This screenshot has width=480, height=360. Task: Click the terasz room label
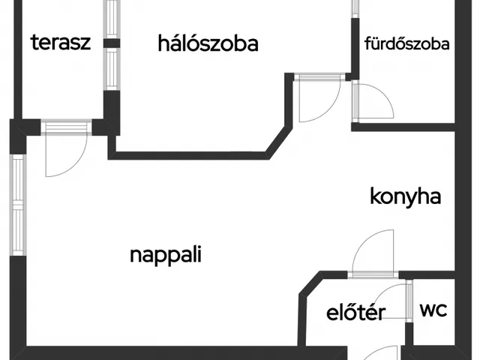click(x=61, y=42)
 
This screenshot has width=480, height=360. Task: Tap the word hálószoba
click(x=208, y=43)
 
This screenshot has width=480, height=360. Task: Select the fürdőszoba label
click(x=406, y=43)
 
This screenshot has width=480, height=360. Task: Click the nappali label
click(x=166, y=254)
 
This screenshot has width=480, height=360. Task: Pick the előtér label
click(x=355, y=313)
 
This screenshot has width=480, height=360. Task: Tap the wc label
click(x=433, y=310)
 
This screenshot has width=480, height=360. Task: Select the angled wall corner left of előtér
click(x=307, y=289)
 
